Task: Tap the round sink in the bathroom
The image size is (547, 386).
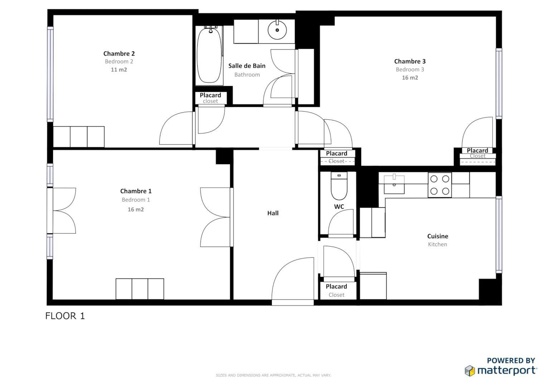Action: pyautogui.click(x=277, y=30)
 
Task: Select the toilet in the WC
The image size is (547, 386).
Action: pyautogui.click(x=339, y=186)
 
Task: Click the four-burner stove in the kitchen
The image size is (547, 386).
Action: pyautogui.click(x=440, y=185)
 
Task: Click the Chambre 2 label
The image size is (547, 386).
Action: pyautogui.click(x=119, y=54)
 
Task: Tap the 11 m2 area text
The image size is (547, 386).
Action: pyautogui.click(x=119, y=70)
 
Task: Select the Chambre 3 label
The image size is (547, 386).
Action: pyautogui.click(x=410, y=61)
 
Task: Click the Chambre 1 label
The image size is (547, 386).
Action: pyautogui.click(x=136, y=191)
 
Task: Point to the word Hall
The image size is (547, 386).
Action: pyautogui.click(x=273, y=213)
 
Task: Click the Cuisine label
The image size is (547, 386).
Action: pyautogui.click(x=437, y=236)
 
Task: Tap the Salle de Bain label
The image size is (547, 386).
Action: pyautogui.click(x=247, y=66)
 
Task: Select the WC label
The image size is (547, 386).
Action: pyautogui.click(x=339, y=207)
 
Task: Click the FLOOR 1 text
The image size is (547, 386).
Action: pyautogui.click(x=65, y=316)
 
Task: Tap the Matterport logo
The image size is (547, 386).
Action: pyautogui.click(x=501, y=370)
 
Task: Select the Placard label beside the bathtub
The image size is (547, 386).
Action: pyautogui.click(x=210, y=95)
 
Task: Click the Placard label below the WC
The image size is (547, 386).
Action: pyautogui.click(x=336, y=287)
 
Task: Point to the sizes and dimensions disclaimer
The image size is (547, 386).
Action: pyautogui.click(x=273, y=375)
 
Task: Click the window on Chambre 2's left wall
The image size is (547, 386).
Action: pyautogui.click(x=50, y=74)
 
